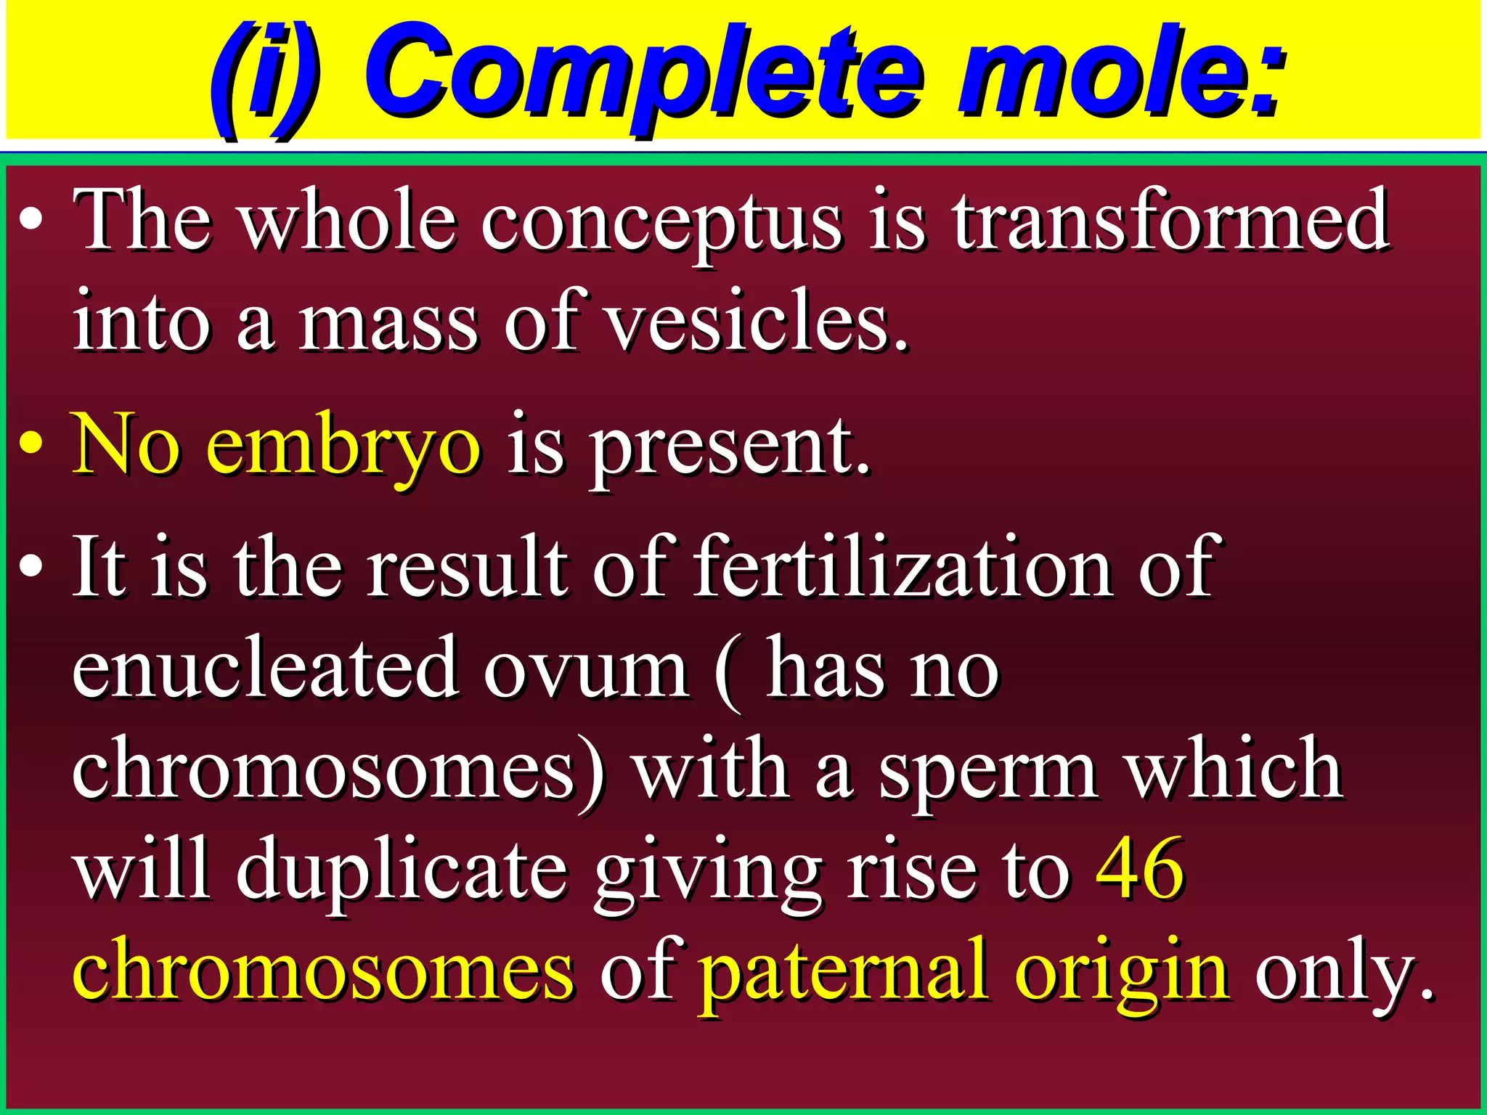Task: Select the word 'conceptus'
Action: click(x=661, y=221)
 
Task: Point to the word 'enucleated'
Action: click(x=265, y=668)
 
